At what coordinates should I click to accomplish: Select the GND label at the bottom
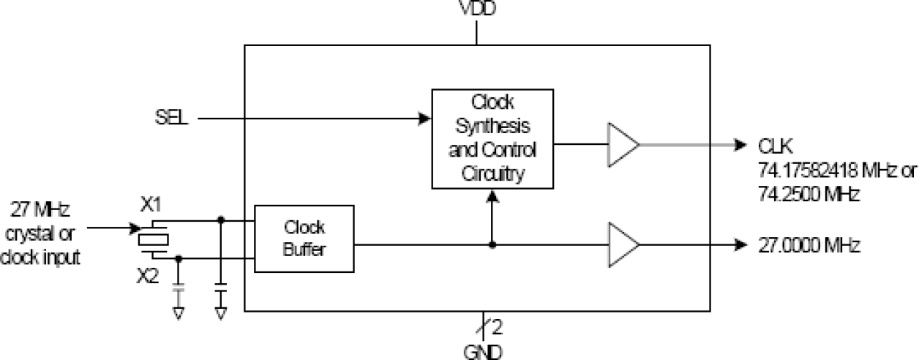(x=484, y=351)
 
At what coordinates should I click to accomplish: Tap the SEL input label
(x=171, y=118)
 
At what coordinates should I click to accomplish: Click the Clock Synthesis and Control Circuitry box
(x=492, y=138)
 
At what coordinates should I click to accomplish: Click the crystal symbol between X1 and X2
(x=153, y=238)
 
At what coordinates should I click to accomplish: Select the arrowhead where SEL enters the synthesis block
(x=424, y=118)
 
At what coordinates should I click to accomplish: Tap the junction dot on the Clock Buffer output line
(x=492, y=244)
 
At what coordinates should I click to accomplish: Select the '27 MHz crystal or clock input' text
(x=42, y=234)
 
